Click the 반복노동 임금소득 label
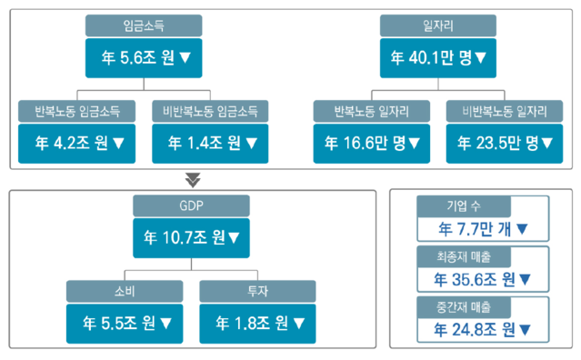click(77, 112)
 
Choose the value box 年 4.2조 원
click(77, 142)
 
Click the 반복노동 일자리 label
click(371, 112)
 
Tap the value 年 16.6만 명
click(371, 142)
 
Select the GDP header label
click(191, 206)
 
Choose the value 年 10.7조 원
click(192, 237)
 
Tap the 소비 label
click(125, 291)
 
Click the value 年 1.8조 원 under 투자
click(258, 322)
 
